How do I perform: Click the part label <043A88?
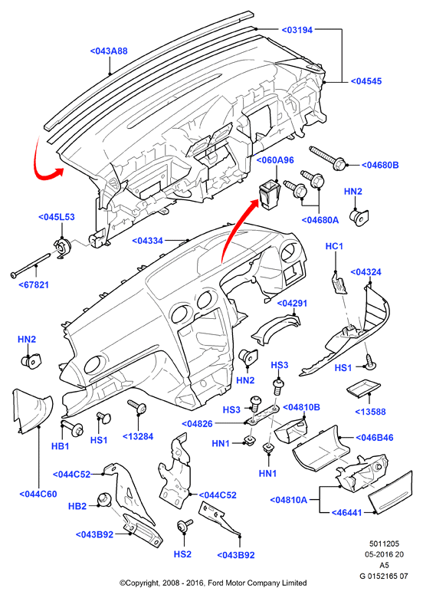pos(109,51)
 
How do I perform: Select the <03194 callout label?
pos(297,30)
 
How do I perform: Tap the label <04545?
pos(366,81)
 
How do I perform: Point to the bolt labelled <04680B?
pos(327,158)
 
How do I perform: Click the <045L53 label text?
pos(57,217)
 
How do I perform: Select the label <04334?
pos(147,241)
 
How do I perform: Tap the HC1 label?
pos(334,246)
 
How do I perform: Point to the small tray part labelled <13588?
pos(361,388)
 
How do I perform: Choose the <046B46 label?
pos(375,438)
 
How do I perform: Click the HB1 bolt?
pos(73,428)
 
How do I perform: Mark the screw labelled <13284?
pos(138,406)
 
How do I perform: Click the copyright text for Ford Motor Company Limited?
pos(213,583)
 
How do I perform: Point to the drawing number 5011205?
pos(384,544)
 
